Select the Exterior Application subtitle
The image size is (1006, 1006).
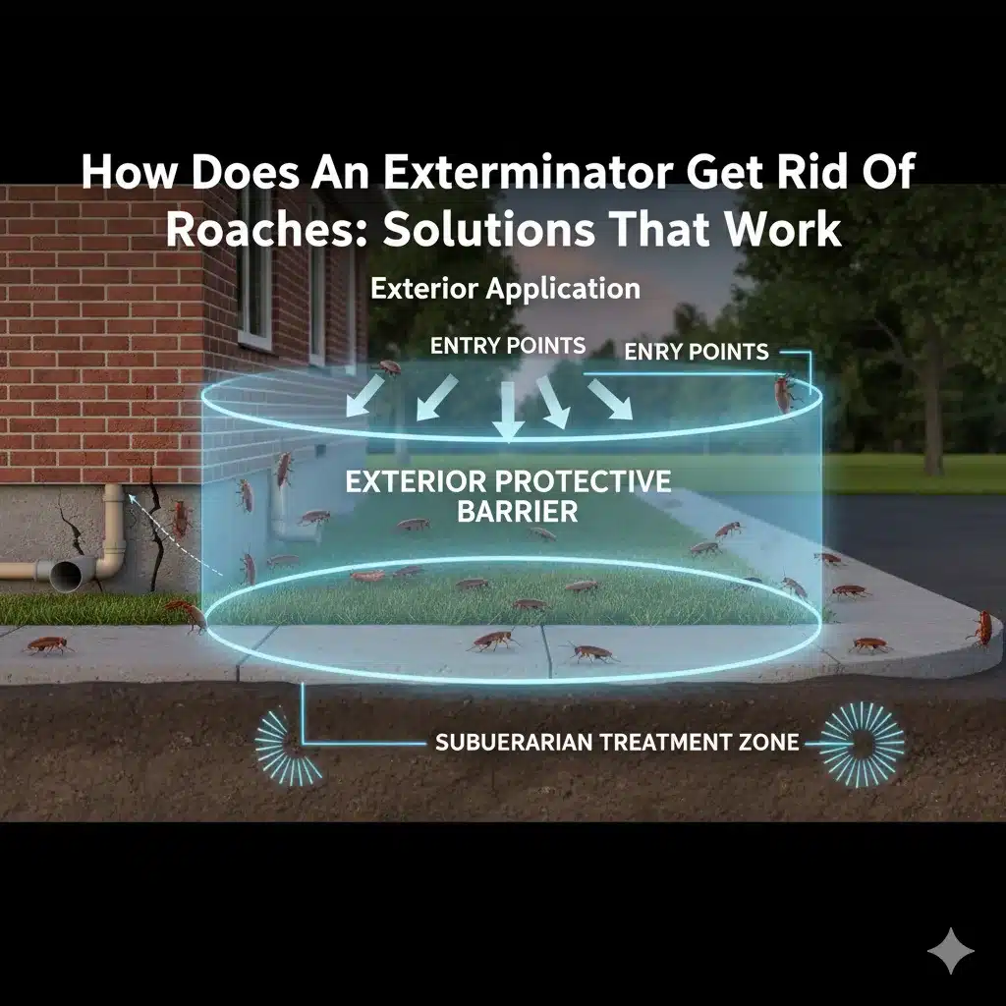tap(505, 289)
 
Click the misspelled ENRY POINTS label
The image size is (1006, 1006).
tap(697, 352)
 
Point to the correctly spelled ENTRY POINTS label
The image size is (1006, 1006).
tap(508, 346)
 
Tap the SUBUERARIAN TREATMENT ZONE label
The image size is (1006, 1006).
tap(617, 743)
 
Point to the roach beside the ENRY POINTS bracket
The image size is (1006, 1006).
tap(784, 393)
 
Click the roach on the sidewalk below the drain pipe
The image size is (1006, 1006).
tap(47, 644)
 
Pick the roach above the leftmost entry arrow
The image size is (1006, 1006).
tap(389, 367)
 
